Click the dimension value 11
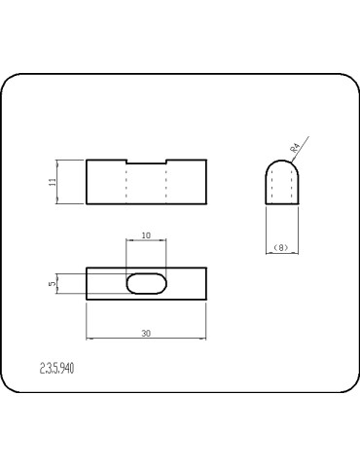point(54,182)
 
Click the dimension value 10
point(146,235)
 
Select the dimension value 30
point(146,333)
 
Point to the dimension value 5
point(54,283)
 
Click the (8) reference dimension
point(281,248)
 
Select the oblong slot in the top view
point(146,283)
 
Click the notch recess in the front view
point(146,162)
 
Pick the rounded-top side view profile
point(281,183)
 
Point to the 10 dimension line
point(146,241)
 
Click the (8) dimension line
point(281,254)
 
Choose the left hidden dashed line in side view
point(272,190)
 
